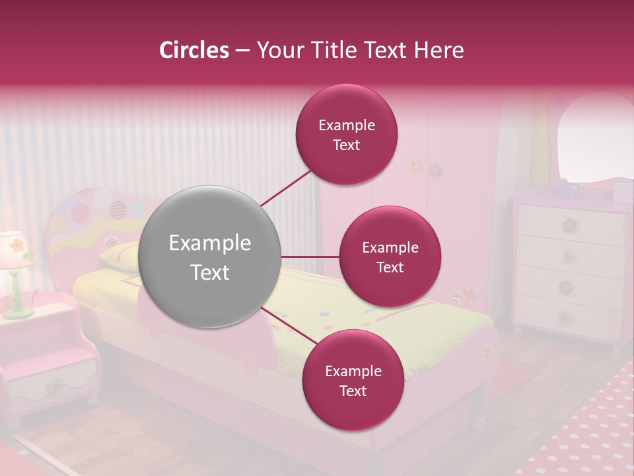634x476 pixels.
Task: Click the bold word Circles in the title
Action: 194,50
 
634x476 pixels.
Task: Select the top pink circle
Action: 347,135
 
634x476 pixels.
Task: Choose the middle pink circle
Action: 390,257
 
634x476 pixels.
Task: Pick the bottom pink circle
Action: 353,380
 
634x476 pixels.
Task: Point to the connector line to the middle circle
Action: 310,257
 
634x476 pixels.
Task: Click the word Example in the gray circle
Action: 210,243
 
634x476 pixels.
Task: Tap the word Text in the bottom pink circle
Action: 353,391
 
